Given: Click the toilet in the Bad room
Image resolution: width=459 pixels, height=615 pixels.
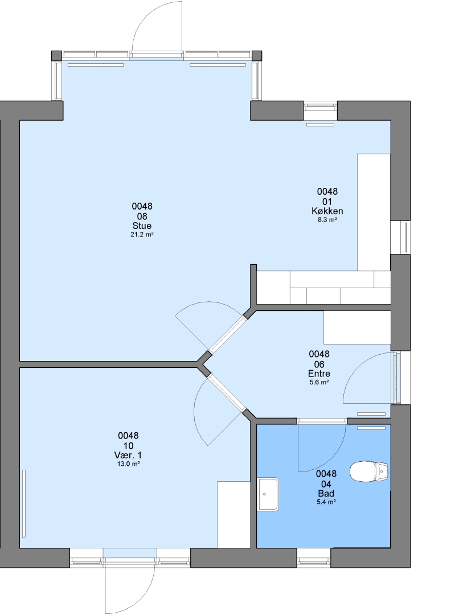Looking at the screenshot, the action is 369,471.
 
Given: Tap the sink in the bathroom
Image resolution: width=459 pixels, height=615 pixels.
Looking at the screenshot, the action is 268,494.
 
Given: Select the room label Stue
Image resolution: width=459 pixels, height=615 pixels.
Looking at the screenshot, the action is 142,226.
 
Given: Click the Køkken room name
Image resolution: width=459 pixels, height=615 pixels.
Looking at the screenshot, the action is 327,211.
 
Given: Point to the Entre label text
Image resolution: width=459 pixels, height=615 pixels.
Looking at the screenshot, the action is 319,374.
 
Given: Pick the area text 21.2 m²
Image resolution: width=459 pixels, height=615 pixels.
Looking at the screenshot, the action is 142,235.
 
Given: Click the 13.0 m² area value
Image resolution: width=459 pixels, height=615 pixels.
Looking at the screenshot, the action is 128,464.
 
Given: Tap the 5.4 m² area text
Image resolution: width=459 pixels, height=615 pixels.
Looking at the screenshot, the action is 326,502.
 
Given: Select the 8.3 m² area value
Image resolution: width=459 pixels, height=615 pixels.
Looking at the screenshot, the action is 327,220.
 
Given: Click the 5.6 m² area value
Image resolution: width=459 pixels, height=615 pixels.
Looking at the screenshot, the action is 319,382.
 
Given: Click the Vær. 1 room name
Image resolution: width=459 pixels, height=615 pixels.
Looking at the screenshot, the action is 128,455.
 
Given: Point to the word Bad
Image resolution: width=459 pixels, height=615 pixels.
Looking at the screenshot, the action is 326,493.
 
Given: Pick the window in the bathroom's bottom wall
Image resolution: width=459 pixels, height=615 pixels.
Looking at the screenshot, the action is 313,557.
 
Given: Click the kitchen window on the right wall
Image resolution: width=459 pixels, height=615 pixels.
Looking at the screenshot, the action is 400,237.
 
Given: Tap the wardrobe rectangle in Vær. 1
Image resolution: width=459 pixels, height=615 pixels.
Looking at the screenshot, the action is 234,515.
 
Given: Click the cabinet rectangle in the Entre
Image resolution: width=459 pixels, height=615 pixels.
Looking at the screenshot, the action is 357,327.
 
